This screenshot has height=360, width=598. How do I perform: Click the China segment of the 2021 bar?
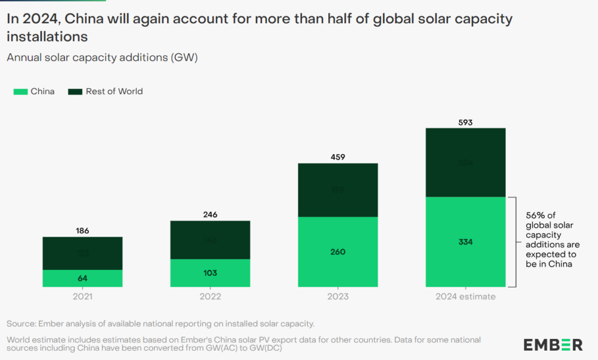point(82,278)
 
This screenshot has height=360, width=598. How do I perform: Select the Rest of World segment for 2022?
point(210,240)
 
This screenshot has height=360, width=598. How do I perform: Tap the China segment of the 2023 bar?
point(338,252)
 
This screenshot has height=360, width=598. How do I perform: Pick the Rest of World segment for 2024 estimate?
point(465,162)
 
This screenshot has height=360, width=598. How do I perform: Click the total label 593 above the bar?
point(465,123)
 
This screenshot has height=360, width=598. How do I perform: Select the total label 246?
point(210,214)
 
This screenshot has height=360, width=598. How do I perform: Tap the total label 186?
point(82,231)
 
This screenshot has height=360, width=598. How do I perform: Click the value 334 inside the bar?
point(465,243)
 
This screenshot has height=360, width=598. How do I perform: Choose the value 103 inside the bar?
point(210,273)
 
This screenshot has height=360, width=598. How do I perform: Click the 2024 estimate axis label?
point(465,297)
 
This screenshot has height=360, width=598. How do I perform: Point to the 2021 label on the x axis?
point(82,297)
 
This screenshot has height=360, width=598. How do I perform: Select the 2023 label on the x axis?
point(338,297)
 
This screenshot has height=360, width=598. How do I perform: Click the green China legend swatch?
point(19,91)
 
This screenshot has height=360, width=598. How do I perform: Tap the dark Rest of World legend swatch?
point(75,91)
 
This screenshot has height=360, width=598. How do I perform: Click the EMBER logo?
point(552,344)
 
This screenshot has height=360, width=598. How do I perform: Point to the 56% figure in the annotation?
point(537,214)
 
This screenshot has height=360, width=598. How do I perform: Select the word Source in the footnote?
point(22,324)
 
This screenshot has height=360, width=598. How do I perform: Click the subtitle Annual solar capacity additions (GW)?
point(102,57)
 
